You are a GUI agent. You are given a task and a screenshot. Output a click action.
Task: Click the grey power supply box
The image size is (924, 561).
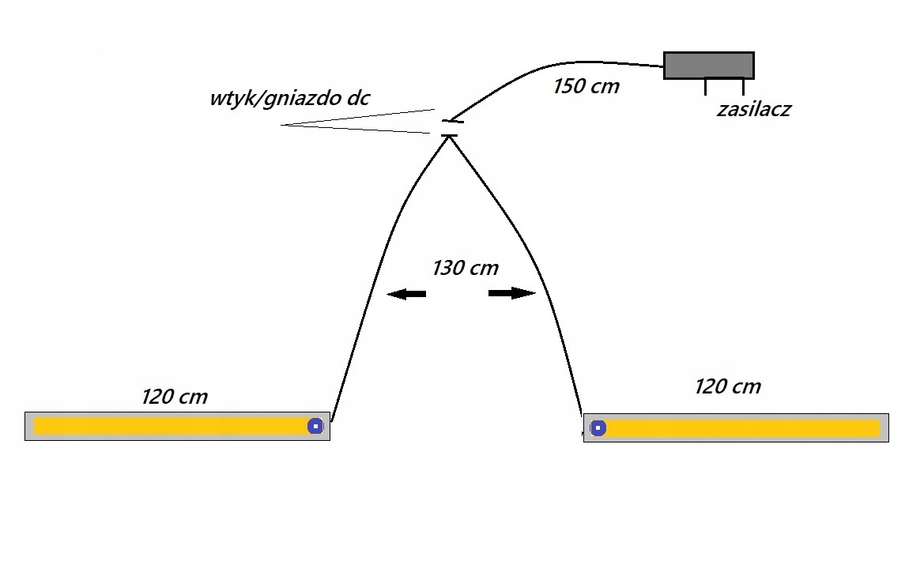click(x=708, y=65)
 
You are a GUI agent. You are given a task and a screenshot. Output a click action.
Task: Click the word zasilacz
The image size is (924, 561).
click(x=753, y=110)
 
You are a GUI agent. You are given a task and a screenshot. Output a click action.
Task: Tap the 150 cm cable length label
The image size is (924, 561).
click(x=586, y=86)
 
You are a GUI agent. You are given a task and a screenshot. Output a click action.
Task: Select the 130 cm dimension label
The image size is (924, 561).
click(x=465, y=268)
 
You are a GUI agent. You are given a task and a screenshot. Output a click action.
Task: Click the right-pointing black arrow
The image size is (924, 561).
click(x=512, y=293)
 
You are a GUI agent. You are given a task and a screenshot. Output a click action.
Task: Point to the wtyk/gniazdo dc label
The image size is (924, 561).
click(x=289, y=99)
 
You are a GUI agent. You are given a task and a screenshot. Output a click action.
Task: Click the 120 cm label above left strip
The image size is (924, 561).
click(x=174, y=396)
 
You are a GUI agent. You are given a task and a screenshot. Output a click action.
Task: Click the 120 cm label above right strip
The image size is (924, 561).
click(x=727, y=386)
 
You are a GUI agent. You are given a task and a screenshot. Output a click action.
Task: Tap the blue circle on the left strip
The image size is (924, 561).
click(x=315, y=426)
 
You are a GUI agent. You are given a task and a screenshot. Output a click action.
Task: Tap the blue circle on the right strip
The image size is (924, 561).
click(x=598, y=428)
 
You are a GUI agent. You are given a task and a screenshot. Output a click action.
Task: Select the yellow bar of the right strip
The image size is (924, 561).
click(x=743, y=428)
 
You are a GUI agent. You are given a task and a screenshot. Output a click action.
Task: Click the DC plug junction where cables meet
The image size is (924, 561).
click(x=451, y=129)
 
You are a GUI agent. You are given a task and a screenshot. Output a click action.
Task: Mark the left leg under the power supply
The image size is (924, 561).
click(x=706, y=87)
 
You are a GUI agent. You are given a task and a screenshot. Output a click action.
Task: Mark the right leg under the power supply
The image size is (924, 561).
click(x=743, y=87)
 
